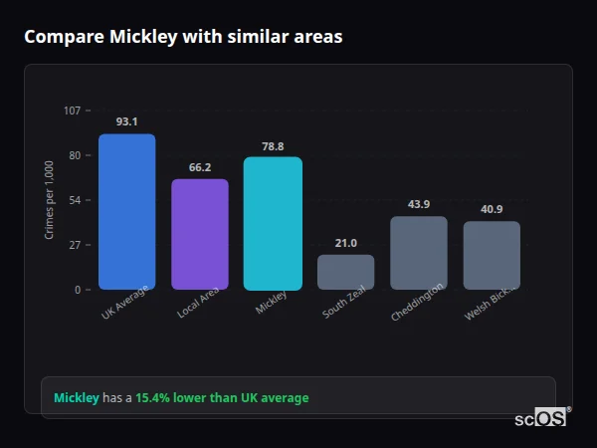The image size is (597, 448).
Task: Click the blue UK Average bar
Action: pos(126,212)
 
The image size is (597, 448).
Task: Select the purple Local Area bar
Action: pos(199,235)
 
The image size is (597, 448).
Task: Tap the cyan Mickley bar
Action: pos(273,224)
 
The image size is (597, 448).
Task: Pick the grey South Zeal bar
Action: pos(345,272)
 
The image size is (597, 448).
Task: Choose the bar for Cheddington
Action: pos(418,253)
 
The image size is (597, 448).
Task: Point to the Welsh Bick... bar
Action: pos(492,256)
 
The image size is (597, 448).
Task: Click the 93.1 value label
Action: pos(126,121)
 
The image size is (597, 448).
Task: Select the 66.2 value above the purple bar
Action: pos(199,167)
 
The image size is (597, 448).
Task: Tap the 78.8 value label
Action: pos(273,145)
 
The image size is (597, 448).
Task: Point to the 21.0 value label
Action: pos(345,243)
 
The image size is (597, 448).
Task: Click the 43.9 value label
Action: pos(418,204)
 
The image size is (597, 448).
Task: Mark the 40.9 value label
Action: pos(492,209)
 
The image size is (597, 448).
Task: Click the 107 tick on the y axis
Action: pos(72,111)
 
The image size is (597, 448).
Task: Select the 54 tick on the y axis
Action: pos(75,200)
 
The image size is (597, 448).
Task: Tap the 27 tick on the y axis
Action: pos(75,245)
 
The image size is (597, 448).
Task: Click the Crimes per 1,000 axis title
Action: pos(50,199)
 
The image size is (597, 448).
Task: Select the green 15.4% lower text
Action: pos(222,398)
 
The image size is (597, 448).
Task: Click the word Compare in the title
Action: pos(60,37)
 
